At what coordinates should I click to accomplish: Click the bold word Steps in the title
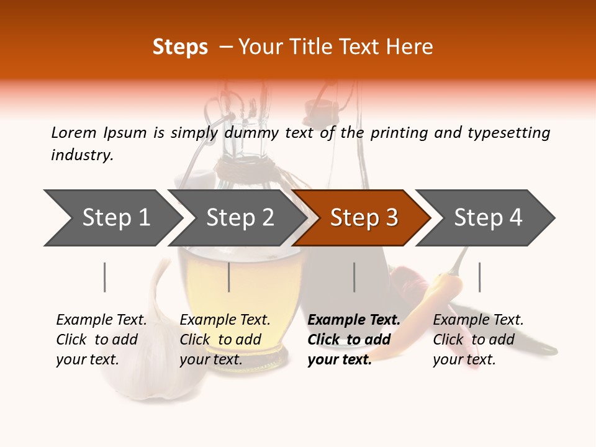[180, 47]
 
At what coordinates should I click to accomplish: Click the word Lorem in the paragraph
[73, 132]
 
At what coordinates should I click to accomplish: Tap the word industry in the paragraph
[81, 155]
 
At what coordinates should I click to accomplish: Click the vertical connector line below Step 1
[105, 277]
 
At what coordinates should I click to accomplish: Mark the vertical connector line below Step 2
[229, 277]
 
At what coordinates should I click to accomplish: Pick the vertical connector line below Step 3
[354, 277]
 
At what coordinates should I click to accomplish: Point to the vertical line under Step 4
[479, 277]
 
